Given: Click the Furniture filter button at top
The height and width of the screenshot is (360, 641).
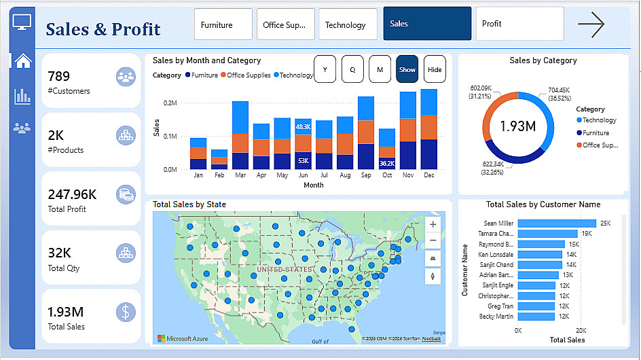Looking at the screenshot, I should [x=223, y=24].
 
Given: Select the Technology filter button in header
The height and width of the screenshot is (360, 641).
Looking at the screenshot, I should [x=348, y=24].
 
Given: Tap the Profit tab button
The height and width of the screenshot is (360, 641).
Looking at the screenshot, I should [x=519, y=24].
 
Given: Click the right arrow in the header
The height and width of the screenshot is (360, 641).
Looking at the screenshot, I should [x=591, y=24].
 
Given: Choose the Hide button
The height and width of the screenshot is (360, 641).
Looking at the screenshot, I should [x=435, y=69].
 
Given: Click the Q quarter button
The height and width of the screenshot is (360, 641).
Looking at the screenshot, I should [x=352, y=69].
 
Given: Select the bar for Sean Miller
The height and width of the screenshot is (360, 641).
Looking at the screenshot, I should [x=557, y=223].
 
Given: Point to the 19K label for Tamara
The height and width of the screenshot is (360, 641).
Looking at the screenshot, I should [x=586, y=234].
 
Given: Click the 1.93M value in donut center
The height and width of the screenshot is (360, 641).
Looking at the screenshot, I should [x=518, y=126].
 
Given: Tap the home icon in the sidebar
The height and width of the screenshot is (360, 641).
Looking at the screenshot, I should [x=23, y=60].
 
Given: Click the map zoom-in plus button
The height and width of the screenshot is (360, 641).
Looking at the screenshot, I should [x=433, y=223].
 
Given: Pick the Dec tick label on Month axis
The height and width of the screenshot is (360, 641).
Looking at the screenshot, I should [x=428, y=175].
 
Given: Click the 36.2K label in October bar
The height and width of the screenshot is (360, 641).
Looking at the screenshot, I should [x=387, y=163].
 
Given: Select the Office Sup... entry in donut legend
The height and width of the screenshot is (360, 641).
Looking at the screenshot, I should [x=600, y=145].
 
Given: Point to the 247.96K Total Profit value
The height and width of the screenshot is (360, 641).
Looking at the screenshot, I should [x=71, y=195].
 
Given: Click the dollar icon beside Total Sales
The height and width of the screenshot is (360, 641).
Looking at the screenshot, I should [x=126, y=312].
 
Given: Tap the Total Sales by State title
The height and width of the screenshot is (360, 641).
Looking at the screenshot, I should [x=189, y=204].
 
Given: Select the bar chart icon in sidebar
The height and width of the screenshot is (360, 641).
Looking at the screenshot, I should [x=22, y=96].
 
